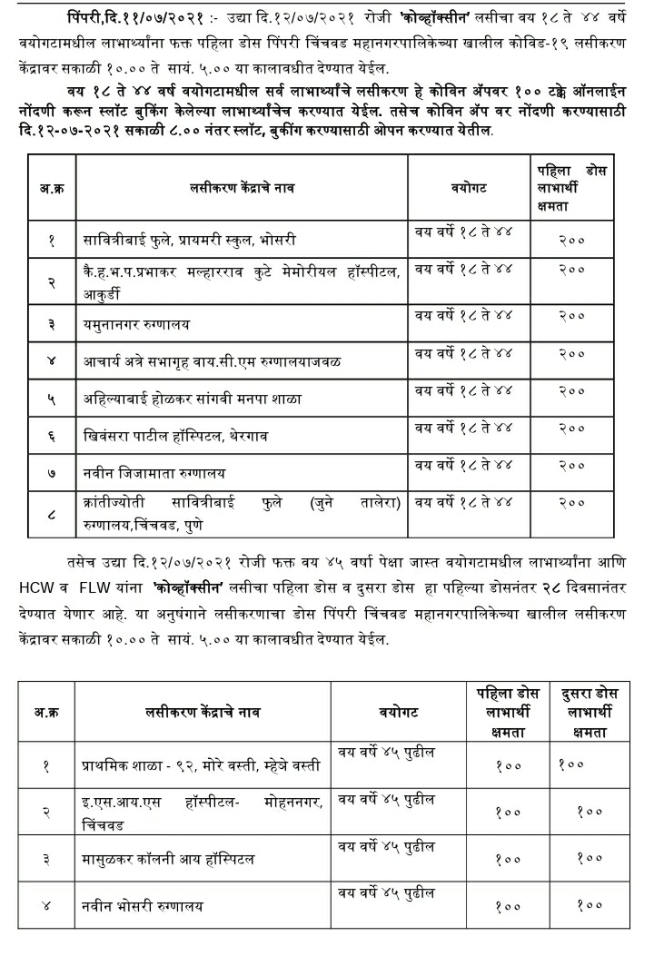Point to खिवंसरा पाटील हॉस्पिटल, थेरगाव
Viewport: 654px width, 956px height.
pyautogui.click(x=177, y=436)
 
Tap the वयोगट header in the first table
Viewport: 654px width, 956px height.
pyautogui.click(x=469, y=188)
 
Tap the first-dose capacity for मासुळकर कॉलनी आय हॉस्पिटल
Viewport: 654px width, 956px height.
pyautogui.click(x=509, y=859)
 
